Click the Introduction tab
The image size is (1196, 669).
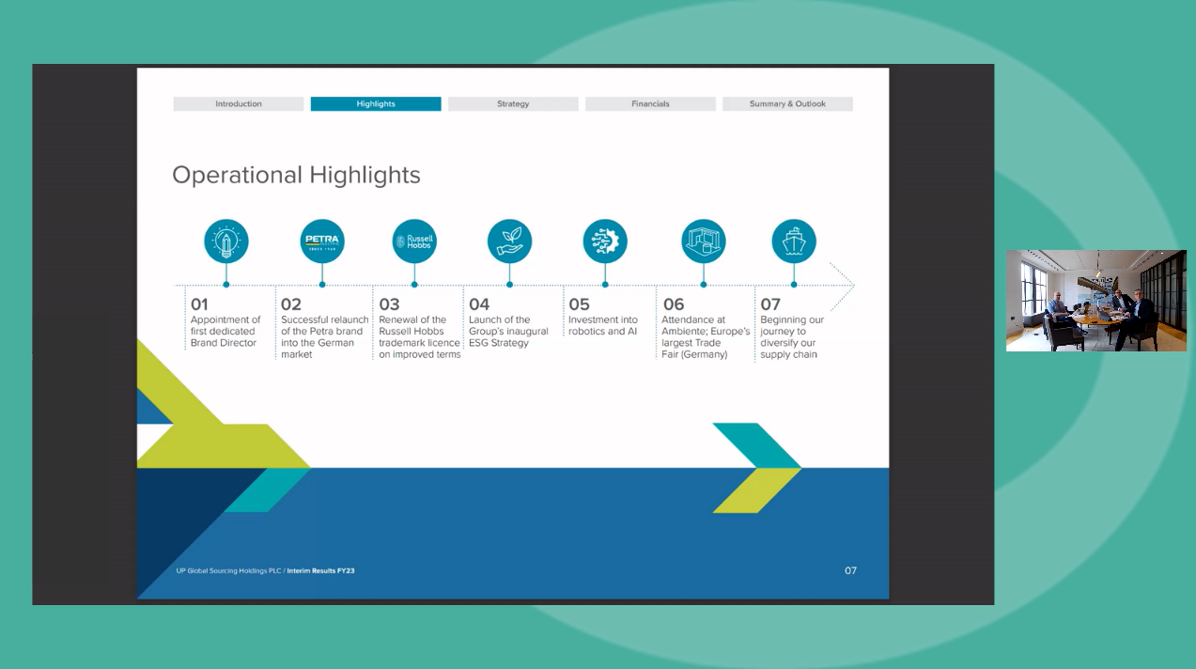point(239,104)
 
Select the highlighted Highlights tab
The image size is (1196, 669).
point(376,104)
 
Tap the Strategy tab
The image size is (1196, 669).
point(513,104)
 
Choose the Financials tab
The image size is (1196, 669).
point(650,104)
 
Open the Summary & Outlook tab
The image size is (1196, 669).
point(787,104)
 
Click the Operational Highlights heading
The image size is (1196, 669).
point(296,175)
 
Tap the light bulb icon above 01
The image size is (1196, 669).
point(226,241)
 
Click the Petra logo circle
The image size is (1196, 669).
point(321,241)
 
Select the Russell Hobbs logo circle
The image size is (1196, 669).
point(414,241)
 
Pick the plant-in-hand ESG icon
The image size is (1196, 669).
point(509,241)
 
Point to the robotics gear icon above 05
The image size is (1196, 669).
point(605,241)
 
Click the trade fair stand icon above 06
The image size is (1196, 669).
point(704,241)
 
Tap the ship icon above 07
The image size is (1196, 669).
point(794,241)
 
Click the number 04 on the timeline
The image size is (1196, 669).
point(479,304)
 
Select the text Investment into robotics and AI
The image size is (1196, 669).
point(603,325)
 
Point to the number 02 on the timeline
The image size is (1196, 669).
point(291,304)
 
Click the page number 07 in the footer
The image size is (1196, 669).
point(850,570)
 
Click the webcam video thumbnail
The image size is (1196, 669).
point(1095,301)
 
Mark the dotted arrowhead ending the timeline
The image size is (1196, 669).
point(843,285)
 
